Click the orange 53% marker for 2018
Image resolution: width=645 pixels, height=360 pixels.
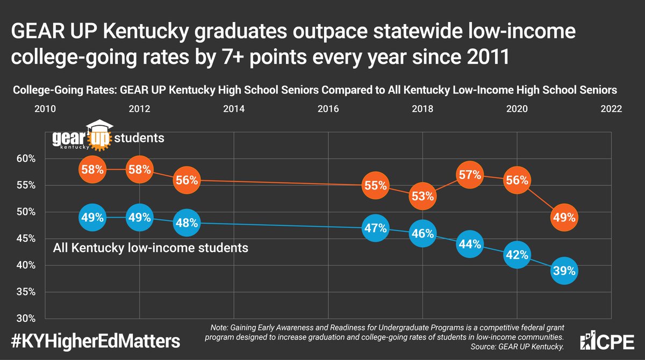click(x=422, y=196)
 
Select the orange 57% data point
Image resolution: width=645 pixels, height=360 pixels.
click(x=470, y=175)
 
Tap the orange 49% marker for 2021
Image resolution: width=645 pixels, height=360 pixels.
click(x=564, y=218)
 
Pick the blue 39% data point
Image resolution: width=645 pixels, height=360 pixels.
click(x=564, y=271)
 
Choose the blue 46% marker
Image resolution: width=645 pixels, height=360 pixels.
click(x=422, y=234)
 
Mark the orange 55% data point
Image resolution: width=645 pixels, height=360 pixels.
click(x=375, y=185)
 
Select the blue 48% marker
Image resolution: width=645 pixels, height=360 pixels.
click(x=186, y=223)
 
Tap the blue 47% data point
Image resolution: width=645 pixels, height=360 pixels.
click(x=375, y=228)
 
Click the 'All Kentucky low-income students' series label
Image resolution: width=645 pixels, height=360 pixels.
click(x=150, y=248)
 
